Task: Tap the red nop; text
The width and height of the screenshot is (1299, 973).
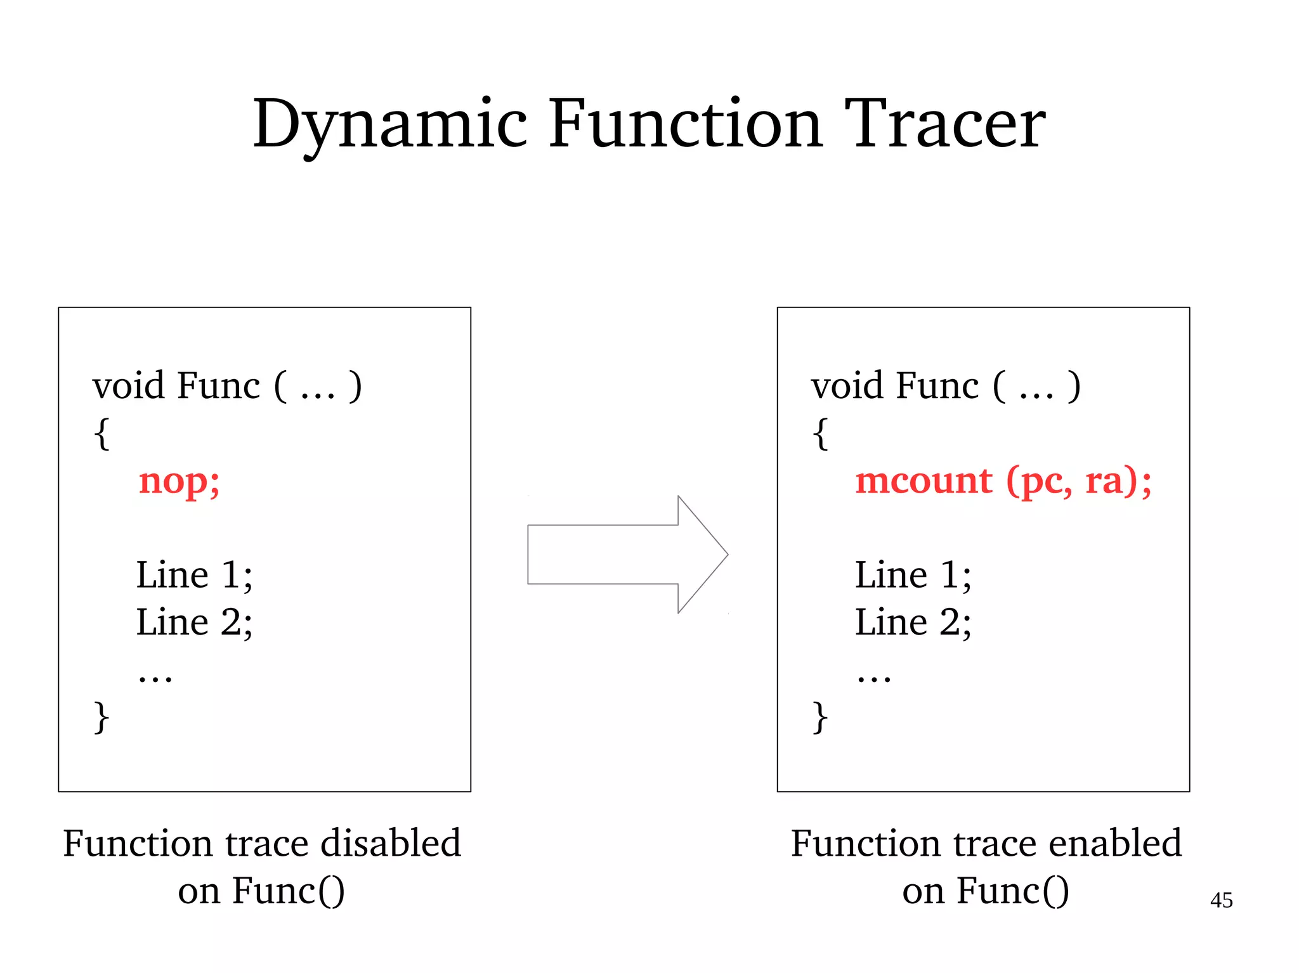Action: (x=180, y=482)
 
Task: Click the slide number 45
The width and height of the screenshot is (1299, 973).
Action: (x=1221, y=900)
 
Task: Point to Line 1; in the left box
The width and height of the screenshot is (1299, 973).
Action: (x=194, y=576)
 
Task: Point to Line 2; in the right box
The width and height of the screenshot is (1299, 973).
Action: (x=912, y=622)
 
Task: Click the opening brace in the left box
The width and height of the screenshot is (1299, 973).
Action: (x=101, y=434)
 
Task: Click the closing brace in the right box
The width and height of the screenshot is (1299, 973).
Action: (x=820, y=718)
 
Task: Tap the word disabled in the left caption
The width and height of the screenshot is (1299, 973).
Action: (x=390, y=844)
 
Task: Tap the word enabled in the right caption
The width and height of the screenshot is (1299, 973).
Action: (x=1114, y=844)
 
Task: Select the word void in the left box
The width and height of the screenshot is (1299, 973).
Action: (x=129, y=386)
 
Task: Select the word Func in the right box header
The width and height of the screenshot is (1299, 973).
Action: (x=937, y=386)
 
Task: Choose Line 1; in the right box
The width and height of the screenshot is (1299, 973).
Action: (x=912, y=576)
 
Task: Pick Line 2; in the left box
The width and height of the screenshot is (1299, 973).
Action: (x=194, y=622)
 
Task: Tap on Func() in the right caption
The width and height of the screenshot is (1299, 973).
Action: (x=1012, y=891)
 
